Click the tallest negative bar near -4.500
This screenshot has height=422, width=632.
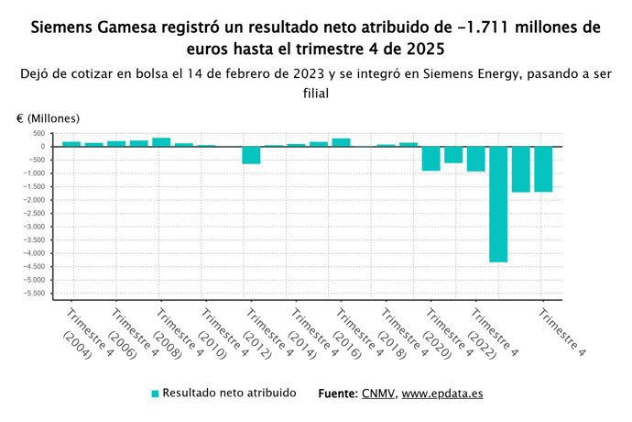pos(498,204)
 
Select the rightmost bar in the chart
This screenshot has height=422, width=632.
pos(543,169)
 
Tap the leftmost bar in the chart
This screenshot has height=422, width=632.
pos(71,143)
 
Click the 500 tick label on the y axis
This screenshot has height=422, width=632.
pos(38,133)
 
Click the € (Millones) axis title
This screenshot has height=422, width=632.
pos(48,118)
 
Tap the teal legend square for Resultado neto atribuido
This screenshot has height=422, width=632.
pos(155,394)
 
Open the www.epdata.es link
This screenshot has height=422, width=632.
pos(442,393)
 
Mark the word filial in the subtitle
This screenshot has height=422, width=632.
pos(315,93)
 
